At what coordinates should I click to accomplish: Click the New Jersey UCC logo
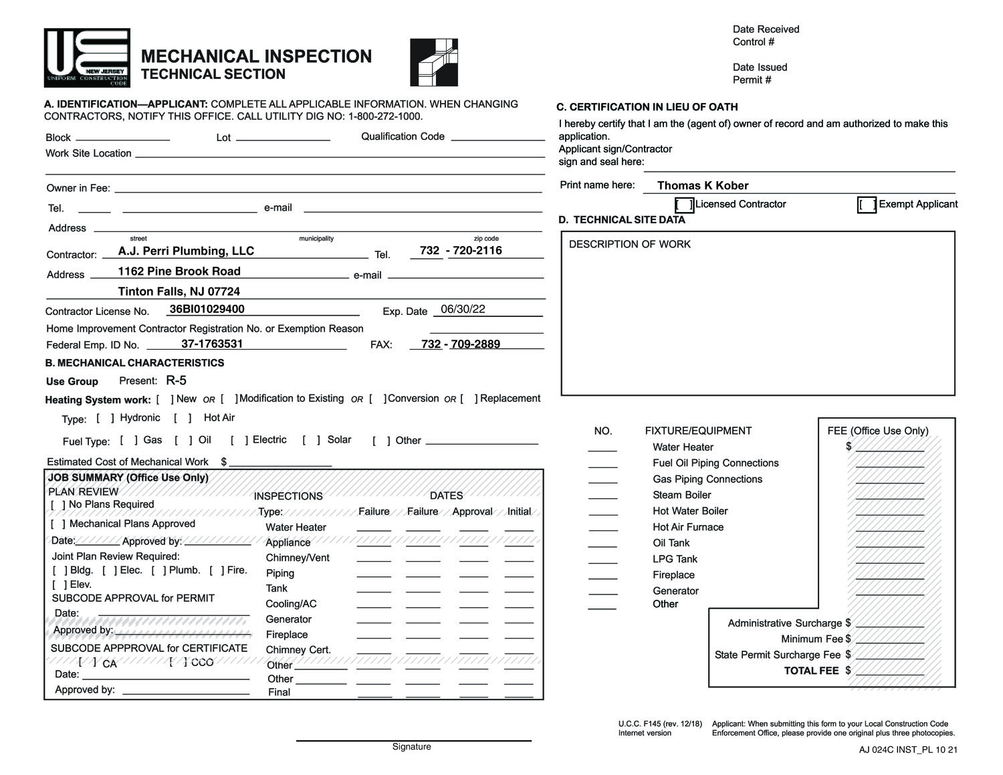tap(87, 58)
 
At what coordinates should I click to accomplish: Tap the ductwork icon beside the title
tap(434, 62)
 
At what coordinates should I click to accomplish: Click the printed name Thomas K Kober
tap(702, 186)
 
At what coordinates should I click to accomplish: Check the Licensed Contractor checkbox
tap(684, 205)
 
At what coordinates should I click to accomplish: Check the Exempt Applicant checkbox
tap(867, 205)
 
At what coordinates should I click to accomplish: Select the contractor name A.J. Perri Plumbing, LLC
tap(186, 251)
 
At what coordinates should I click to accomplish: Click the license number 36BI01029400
tap(207, 310)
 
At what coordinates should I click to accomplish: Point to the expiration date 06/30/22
tap(463, 310)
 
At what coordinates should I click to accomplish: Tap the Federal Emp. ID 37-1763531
tap(212, 344)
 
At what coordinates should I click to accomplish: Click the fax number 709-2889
tap(475, 344)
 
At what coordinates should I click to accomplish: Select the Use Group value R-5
tap(177, 381)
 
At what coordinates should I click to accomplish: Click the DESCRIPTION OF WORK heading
tap(629, 245)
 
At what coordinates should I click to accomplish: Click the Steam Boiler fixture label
tap(681, 495)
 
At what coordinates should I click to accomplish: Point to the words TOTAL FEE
tap(810, 671)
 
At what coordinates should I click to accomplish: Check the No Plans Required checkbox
tap(58, 506)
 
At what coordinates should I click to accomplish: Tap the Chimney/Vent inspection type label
tap(297, 558)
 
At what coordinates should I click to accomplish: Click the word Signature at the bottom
tap(411, 747)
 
